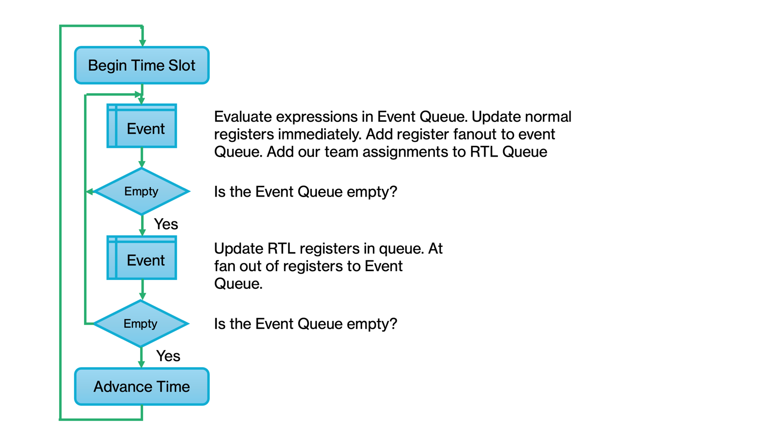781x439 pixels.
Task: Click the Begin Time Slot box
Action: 142,65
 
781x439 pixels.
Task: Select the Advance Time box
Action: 142,386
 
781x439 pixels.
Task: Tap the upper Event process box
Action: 142,126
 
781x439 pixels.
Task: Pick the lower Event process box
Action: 142,258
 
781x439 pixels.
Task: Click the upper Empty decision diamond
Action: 142,191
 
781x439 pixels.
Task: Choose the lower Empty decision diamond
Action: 141,323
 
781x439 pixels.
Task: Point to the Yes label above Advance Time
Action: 168,356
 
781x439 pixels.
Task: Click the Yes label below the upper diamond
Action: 166,224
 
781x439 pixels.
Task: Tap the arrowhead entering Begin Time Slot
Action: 142,43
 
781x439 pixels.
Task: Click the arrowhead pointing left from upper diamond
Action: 90,191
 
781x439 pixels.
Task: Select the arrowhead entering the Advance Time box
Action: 141,364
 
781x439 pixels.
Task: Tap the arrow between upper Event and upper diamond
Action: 142,158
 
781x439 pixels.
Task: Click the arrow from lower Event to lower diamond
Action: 142,290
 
